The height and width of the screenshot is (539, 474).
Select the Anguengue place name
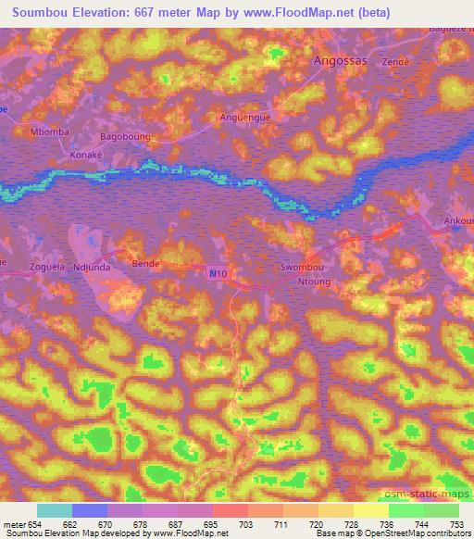(244, 118)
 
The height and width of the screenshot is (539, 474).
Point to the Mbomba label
(50, 132)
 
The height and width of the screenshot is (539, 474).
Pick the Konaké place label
(84, 155)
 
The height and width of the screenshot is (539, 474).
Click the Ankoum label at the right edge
(460, 221)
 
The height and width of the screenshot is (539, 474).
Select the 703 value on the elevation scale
(247, 525)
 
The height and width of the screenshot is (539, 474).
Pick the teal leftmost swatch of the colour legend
(54, 510)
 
